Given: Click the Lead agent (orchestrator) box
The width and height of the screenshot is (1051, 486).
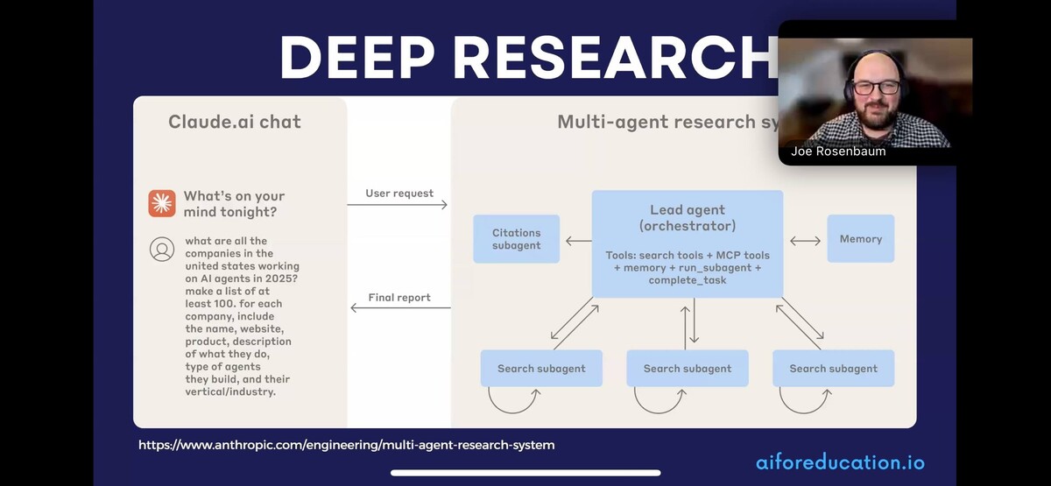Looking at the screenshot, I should click(x=687, y=243).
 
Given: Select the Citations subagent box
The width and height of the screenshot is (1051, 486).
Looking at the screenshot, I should click(x=516, y=239).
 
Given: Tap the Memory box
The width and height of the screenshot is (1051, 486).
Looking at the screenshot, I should click(x=860, y=238).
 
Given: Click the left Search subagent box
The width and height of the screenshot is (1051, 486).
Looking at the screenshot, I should click(x=541, y=369).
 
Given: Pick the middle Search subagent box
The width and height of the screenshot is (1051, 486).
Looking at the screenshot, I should click(x=687, y=369).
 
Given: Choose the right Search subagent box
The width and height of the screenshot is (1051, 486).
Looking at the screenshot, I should click(x=833, y=369).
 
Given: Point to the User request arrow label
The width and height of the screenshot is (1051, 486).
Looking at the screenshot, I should click(x=399, y=193).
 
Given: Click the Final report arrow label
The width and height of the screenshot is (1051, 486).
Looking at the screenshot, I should click(x=399, y=298).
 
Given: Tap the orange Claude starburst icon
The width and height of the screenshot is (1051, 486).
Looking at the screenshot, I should click(x=162, y=203).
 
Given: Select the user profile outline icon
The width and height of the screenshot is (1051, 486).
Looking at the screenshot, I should click(x=162, y=250).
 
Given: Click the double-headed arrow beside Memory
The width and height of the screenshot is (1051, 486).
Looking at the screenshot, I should click(x=805, y=240).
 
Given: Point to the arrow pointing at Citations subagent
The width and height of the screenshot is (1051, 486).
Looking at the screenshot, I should click(x=578, y=240).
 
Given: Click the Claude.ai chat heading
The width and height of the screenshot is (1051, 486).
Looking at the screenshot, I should click(x=234, y=122).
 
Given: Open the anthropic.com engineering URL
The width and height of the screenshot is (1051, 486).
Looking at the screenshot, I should click(x=347, y=445).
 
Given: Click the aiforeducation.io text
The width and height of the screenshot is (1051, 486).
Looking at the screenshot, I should click(x=839, y=462).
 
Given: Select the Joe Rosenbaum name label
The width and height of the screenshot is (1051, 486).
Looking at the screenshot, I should click(x=838, y=151).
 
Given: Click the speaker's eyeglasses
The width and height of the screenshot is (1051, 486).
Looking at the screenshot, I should click(x=875, y=87).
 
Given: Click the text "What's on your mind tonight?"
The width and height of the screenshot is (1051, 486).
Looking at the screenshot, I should click(x=234, y=203).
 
